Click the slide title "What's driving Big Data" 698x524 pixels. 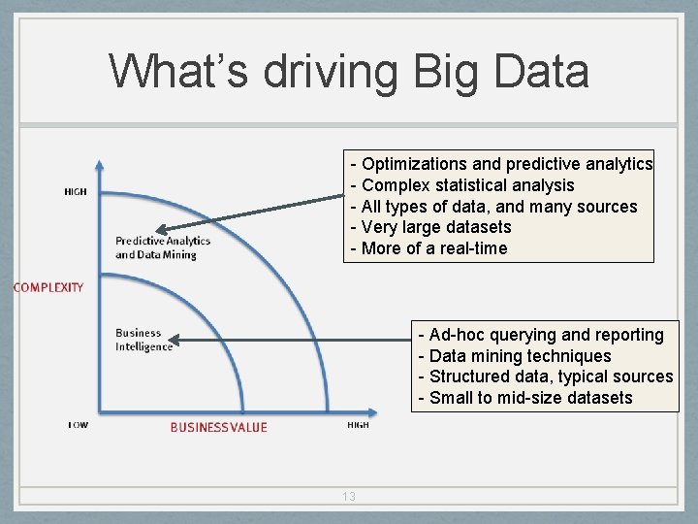[348, 72]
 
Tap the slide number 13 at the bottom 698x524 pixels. [349, 497]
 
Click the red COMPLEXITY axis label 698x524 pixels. [48, 287]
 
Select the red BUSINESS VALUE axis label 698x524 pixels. [218, 427]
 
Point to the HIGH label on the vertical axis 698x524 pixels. [76, 192]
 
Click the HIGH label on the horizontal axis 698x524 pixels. [358, 425]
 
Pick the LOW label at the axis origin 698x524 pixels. [78, 425]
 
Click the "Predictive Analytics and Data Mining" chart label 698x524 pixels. [162, 247]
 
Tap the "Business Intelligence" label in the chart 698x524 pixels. [143, 340]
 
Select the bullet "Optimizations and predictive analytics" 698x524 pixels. [501, 164]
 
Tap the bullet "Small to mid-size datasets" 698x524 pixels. [524, 398]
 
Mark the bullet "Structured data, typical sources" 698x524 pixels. [545, 377]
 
